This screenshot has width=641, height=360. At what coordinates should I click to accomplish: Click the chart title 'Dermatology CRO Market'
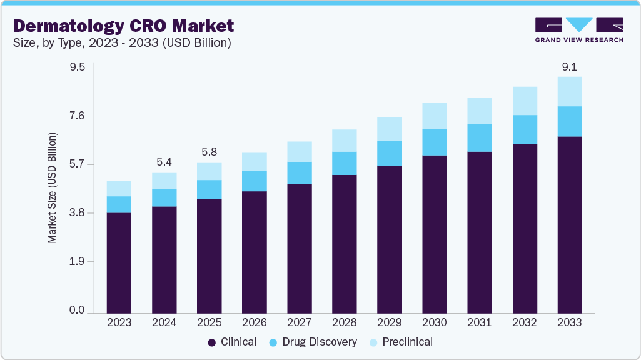click(x=124, y=26)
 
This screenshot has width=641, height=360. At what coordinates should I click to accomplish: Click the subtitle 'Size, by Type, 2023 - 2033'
click(x=123, y=43)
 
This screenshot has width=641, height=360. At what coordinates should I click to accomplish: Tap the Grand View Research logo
click(x=578, y=29)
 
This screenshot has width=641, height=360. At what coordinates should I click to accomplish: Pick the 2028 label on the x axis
click(x=344, y=322)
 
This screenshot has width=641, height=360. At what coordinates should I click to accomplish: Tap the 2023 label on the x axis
click(x=119, y=322)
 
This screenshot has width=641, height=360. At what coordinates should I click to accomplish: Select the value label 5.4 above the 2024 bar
click(x=164, y=162)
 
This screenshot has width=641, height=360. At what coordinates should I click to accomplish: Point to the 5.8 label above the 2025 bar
click(x=209, y=152)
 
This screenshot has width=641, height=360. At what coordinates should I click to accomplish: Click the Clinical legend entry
click(x=232, y=342)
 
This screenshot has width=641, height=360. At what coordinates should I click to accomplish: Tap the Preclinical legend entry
click(x=402, y=342)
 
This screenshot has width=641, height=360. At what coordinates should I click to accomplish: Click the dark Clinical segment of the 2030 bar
click(x=434, y=234)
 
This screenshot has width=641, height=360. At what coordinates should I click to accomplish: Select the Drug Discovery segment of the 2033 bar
click(x=569, y=121)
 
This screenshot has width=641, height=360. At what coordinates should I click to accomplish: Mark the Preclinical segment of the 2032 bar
click(x=524, y=101)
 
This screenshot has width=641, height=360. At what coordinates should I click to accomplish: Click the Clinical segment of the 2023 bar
click(x=119, y=262)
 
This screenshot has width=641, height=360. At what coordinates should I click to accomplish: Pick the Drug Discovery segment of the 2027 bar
click(x=299, y=172)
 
